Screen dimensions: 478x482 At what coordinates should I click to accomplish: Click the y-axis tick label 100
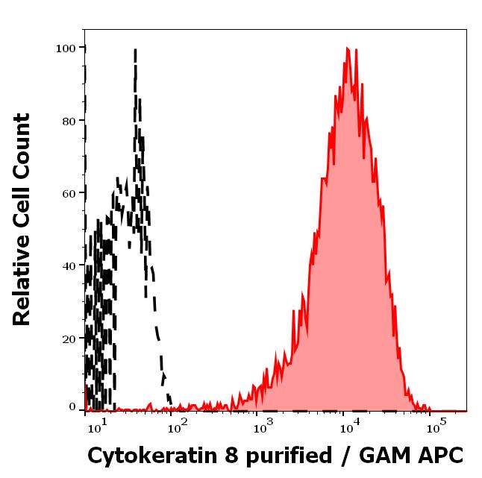(x=66, y=48)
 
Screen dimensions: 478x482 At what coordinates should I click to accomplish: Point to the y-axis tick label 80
(x=69, y=120)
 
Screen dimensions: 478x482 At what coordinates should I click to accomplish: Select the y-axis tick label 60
(x=69, y=192)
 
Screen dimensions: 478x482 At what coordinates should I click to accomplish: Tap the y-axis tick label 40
(x=69, y=265)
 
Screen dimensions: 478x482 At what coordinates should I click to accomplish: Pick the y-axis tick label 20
(x=69, y=338)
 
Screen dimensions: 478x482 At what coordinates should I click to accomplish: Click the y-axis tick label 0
(x=72, y=407)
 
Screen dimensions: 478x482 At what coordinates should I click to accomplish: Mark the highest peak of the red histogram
(x=348, y=49)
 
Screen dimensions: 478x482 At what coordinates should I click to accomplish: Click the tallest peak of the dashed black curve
(x=135, y=51)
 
